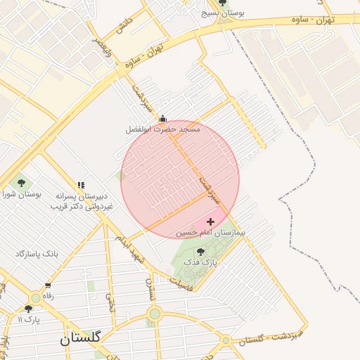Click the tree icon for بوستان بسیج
[223, 3]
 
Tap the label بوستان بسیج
[222, 13]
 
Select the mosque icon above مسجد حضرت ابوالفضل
[163, 119]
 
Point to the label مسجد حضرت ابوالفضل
[163, 129]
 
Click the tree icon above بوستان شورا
[21, 184]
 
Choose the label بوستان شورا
[21, 193]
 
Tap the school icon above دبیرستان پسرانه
[81, 185]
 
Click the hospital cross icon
[210, 221]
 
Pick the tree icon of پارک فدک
[201, 251]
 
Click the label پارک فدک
[201, 262]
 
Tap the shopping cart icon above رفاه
[48, 285]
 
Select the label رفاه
[48, 295]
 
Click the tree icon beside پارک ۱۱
[29, 309]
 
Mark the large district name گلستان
[80, 338]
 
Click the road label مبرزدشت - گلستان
[270, 336]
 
